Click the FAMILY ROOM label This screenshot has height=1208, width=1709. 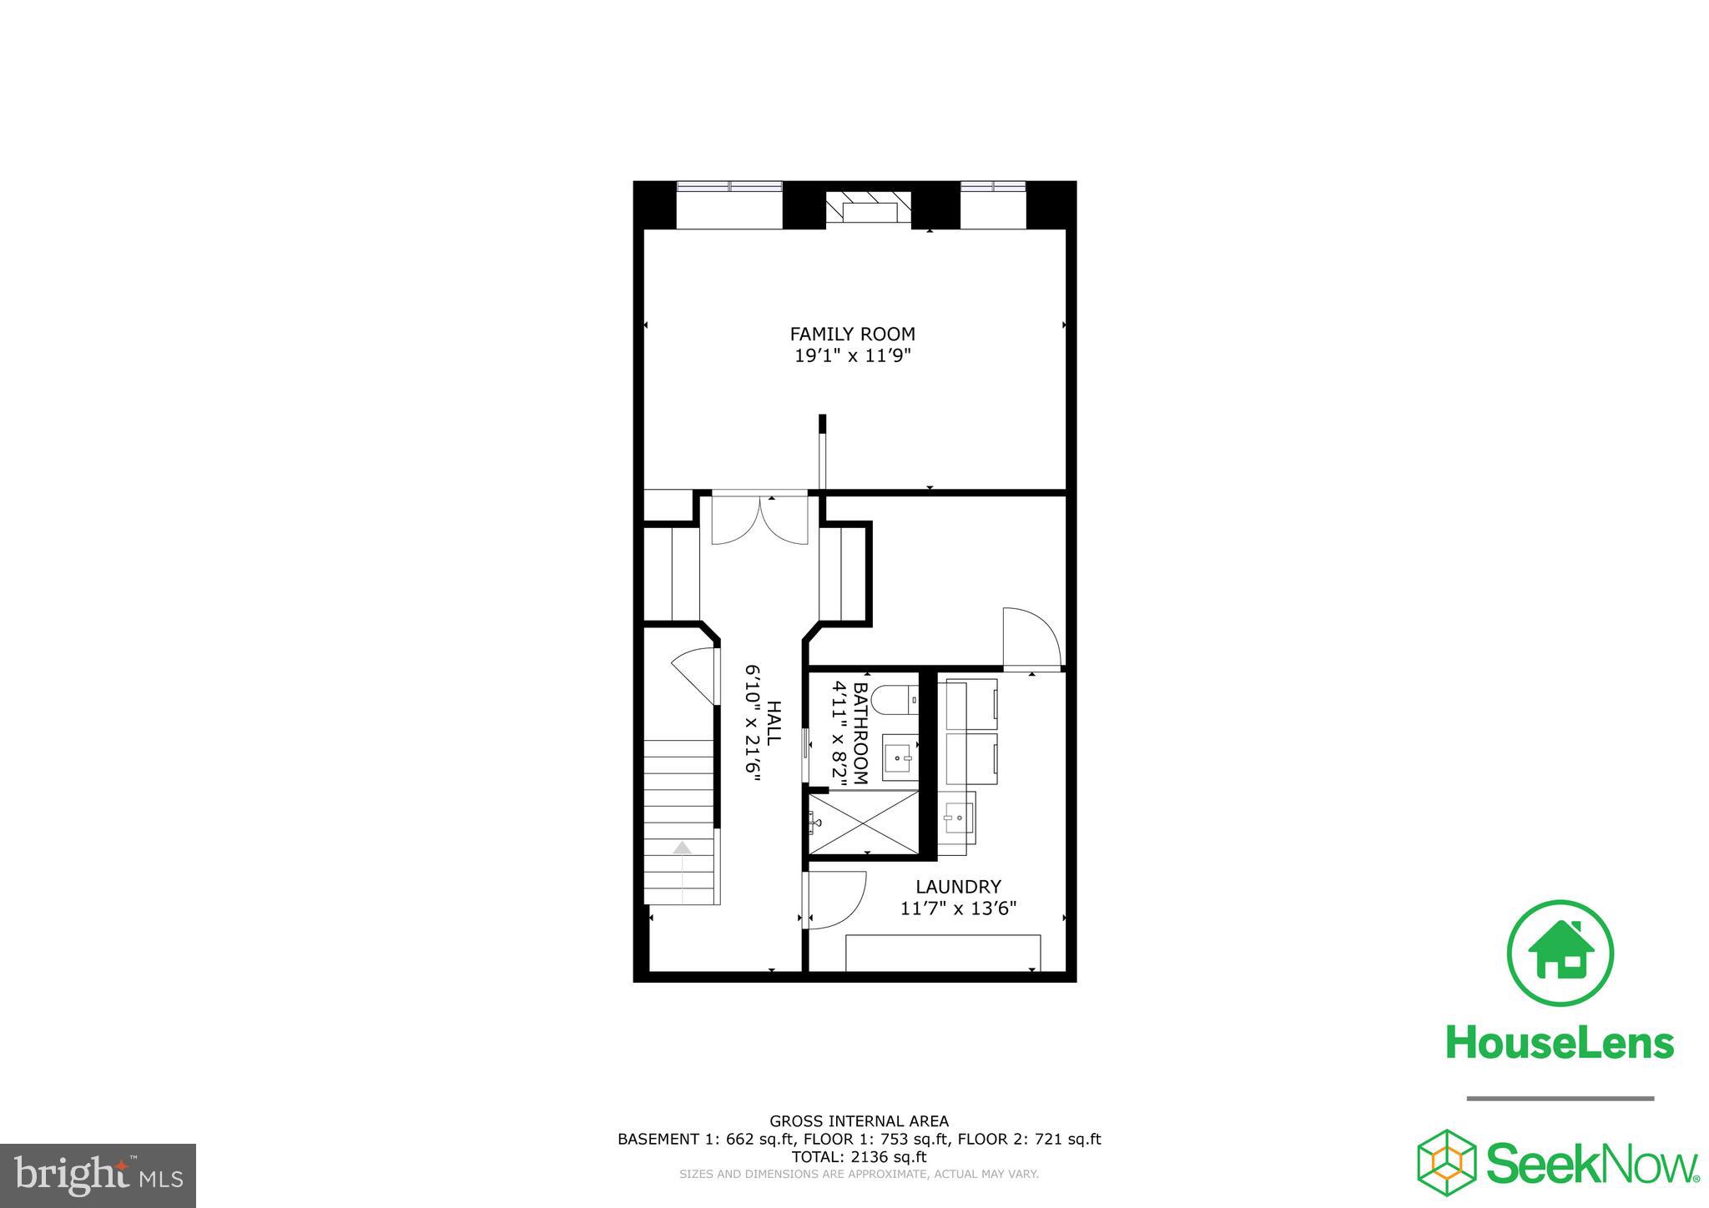point(852,334)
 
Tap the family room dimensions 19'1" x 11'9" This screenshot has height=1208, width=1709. point(852,356)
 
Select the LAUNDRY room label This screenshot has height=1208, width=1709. point(958,887)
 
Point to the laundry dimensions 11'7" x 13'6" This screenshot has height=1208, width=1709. point(958,909)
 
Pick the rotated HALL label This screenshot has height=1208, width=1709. point(774,723)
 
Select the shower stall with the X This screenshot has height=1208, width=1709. point(863,823)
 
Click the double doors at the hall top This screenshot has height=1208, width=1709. point(759,521)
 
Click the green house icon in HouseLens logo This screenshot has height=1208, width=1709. point(1560,954)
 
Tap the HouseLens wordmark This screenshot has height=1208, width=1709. point(1560,1043)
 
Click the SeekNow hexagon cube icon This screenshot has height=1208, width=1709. point(1446,1162)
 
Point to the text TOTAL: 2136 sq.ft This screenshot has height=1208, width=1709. point(859,1157)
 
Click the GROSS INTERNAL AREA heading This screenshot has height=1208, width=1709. point(859,1121)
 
